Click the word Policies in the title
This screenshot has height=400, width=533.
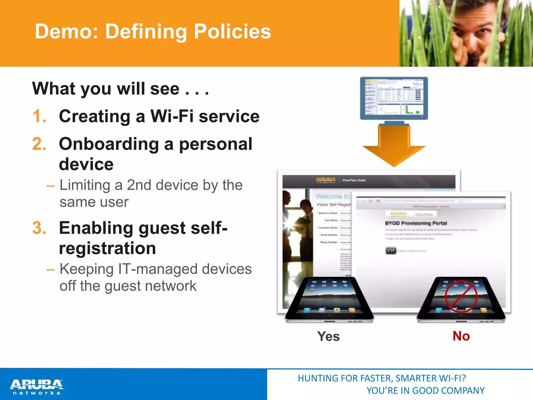(232, 32)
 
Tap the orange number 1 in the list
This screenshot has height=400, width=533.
(39, 116)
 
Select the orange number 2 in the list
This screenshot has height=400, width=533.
(39, 144)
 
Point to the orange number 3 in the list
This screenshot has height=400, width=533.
(39, 228)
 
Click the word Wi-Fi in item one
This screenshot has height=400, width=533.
(172, 116)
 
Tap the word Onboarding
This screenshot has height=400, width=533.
(109, 144)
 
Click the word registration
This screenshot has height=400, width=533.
(107, 248)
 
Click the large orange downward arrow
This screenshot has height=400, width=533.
(394, 147)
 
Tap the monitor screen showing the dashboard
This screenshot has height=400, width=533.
(394, 98)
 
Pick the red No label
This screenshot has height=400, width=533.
(461, 336)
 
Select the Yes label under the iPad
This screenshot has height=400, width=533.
(328, 336)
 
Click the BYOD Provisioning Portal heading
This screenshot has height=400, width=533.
(416, 223)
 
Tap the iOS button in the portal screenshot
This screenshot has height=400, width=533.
(391, 251)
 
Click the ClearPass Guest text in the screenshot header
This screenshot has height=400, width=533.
(354, 180)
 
